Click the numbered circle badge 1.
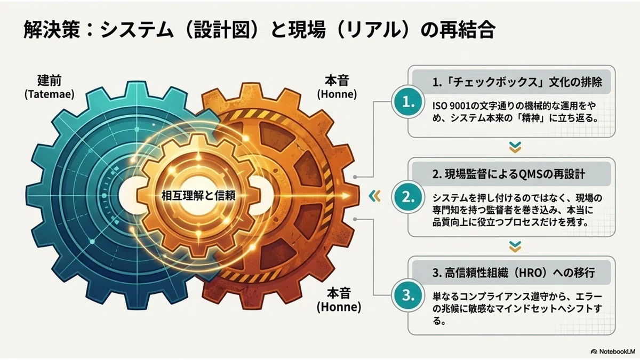point(408,102)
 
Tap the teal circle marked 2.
point(408,197)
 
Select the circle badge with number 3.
point(408,295)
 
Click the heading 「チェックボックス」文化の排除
point(517,82)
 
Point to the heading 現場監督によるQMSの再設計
point(508,174)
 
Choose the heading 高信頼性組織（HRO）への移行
point(514,273)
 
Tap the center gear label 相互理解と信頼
point(198,196)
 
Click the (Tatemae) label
point(50,94)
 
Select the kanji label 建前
point(50,81)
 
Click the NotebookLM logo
point(613,351)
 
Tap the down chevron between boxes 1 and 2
point(515,147)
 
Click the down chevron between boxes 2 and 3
point(515,246)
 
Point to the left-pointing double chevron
point(374,196)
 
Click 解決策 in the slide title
point(52,29)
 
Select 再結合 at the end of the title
point(467,29)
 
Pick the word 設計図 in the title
point(222,29)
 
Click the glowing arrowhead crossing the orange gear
point(346,196)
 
